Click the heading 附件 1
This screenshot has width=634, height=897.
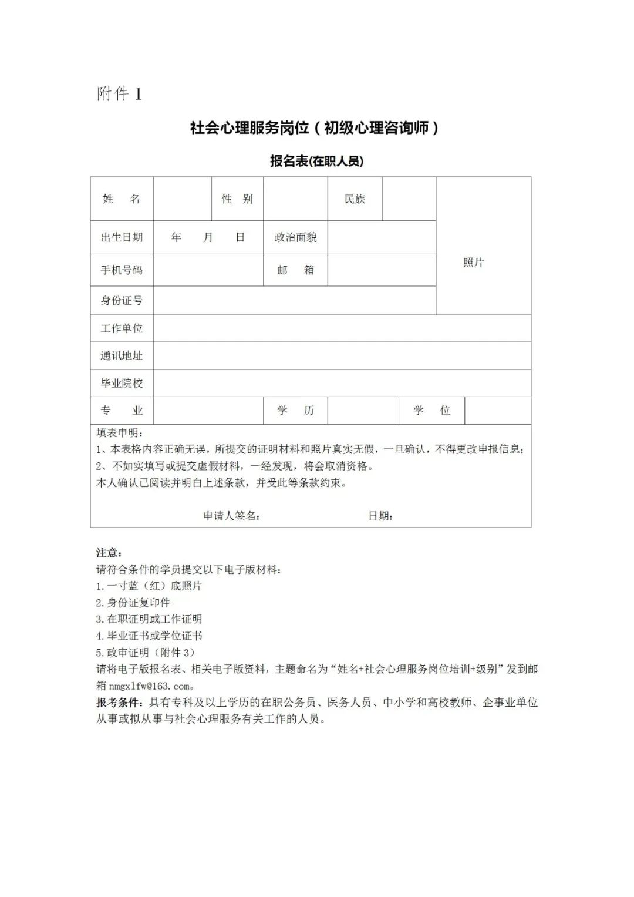tap(119, 94)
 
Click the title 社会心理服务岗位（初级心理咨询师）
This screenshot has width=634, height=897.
tap(315, 128)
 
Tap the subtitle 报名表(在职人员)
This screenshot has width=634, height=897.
tap(316, 161)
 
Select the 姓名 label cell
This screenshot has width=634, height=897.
tap(122, 199)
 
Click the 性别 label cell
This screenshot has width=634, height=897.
tap(237, 199)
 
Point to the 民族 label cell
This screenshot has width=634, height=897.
tap(355, 199)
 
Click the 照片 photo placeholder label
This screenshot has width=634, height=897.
tap(473, 263)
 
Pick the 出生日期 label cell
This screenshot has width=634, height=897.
tap(122, 237)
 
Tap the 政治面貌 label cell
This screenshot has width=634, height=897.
tap(295, 237)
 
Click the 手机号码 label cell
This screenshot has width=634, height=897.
tap(122, 270)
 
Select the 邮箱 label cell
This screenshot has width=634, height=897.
tap(295, 270)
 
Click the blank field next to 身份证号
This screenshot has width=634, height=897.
tap(294, 301)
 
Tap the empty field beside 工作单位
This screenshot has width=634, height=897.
tap(342, 328)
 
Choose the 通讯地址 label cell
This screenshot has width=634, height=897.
tap(122, 356)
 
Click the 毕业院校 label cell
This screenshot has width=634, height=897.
tap(122, 384)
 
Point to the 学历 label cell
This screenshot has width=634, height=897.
tap(295, 411)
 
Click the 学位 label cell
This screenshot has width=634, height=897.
tap(431, 411)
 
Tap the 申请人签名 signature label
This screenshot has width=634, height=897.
tap(231, 516)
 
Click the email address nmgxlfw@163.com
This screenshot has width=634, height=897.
tap(150, 686)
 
